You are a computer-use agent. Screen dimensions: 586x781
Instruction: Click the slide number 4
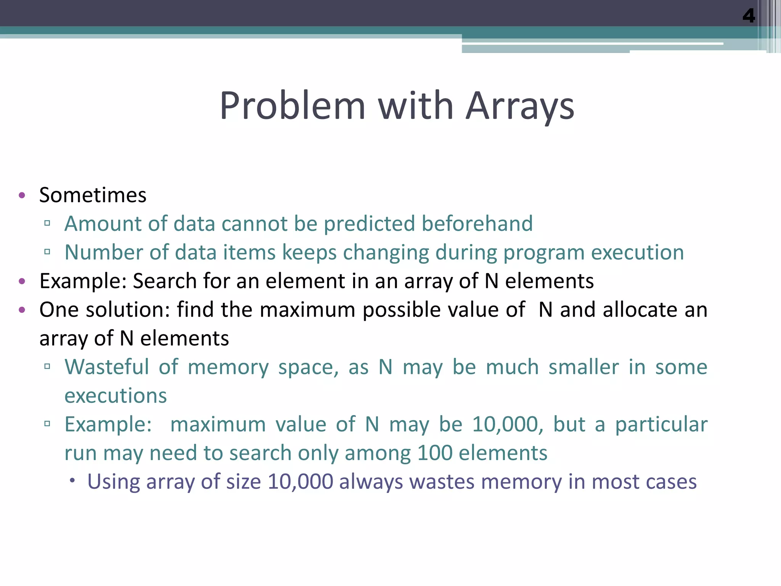748,16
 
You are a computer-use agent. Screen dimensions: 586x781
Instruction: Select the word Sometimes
93,195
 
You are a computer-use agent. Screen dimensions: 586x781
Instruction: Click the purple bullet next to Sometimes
22,195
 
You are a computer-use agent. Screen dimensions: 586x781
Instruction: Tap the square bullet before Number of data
47,252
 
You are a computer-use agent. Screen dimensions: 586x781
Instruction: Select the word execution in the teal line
637,253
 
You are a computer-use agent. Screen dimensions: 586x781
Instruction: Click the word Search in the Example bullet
164,281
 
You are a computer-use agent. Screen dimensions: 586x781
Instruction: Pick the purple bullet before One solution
22,309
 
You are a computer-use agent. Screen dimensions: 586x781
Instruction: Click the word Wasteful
107,367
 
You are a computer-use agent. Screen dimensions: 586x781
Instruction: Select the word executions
116,396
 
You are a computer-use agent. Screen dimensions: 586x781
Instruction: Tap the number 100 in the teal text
435,453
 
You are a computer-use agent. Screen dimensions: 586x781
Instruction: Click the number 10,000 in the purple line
300,481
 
